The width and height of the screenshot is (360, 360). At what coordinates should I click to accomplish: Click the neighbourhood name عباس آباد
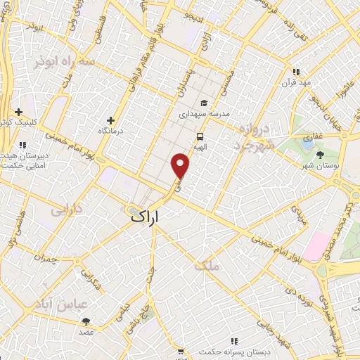(61, 303)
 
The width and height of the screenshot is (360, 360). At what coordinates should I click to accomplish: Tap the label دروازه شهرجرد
(252, 137)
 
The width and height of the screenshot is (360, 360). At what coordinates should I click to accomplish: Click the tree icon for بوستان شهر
(320, 154)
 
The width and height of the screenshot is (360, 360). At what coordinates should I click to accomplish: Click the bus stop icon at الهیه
(200, 137)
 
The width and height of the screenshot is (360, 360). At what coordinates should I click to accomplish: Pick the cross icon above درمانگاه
(110, 120)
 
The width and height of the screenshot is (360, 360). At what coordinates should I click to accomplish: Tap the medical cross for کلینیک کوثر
(18, 111)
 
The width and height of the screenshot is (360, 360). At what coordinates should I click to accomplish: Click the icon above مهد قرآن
(296, 72)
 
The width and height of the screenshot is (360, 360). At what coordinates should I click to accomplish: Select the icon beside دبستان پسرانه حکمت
(181, 352)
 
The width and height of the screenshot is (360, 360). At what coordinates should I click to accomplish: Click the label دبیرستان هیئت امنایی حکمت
(22, 161)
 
